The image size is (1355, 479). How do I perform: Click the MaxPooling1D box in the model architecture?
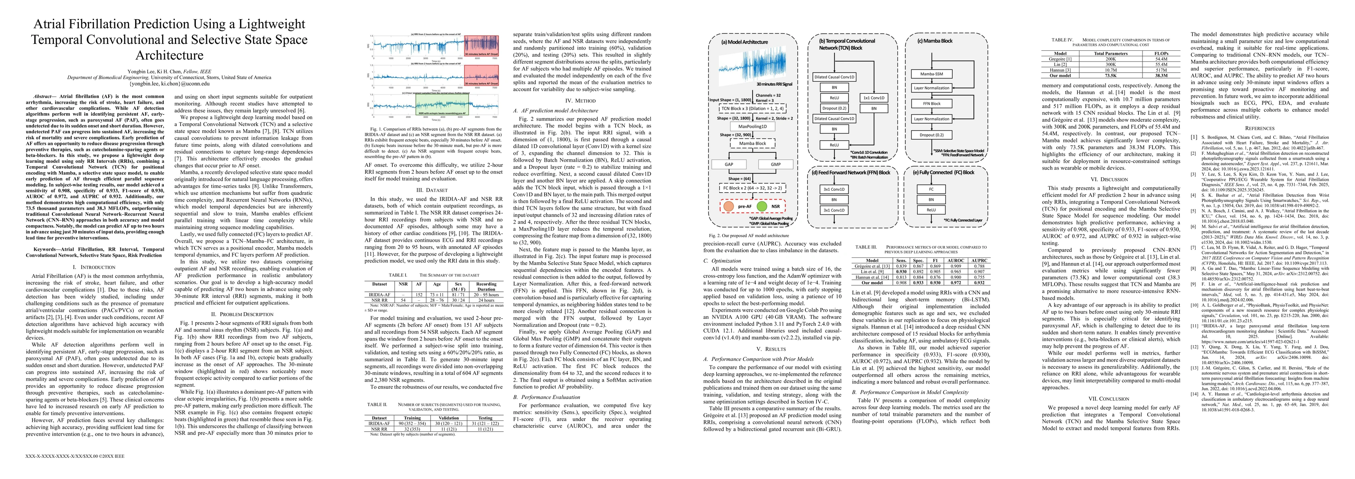click(x=752, y=126)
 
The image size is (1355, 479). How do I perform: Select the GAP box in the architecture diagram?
click(x=729, y=164)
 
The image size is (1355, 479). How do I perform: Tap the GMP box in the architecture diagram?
click(x=776, y=164)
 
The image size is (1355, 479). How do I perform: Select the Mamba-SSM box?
click(x=931, y=73)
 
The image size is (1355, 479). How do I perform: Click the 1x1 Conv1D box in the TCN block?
click(x=874, y=98)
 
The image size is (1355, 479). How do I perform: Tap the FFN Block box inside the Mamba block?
click(x=931, y=103)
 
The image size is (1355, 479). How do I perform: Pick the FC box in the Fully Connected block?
click(x=931, y=189)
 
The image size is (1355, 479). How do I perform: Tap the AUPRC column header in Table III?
click(x=979, y=260)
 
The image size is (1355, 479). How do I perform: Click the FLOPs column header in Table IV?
click(x=1157, y=53)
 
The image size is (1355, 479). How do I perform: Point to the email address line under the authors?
click(x=169, y=83)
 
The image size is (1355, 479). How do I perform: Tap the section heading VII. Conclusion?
click(x=1110, y=398)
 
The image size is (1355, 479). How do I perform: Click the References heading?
click(x=1259, y=128)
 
